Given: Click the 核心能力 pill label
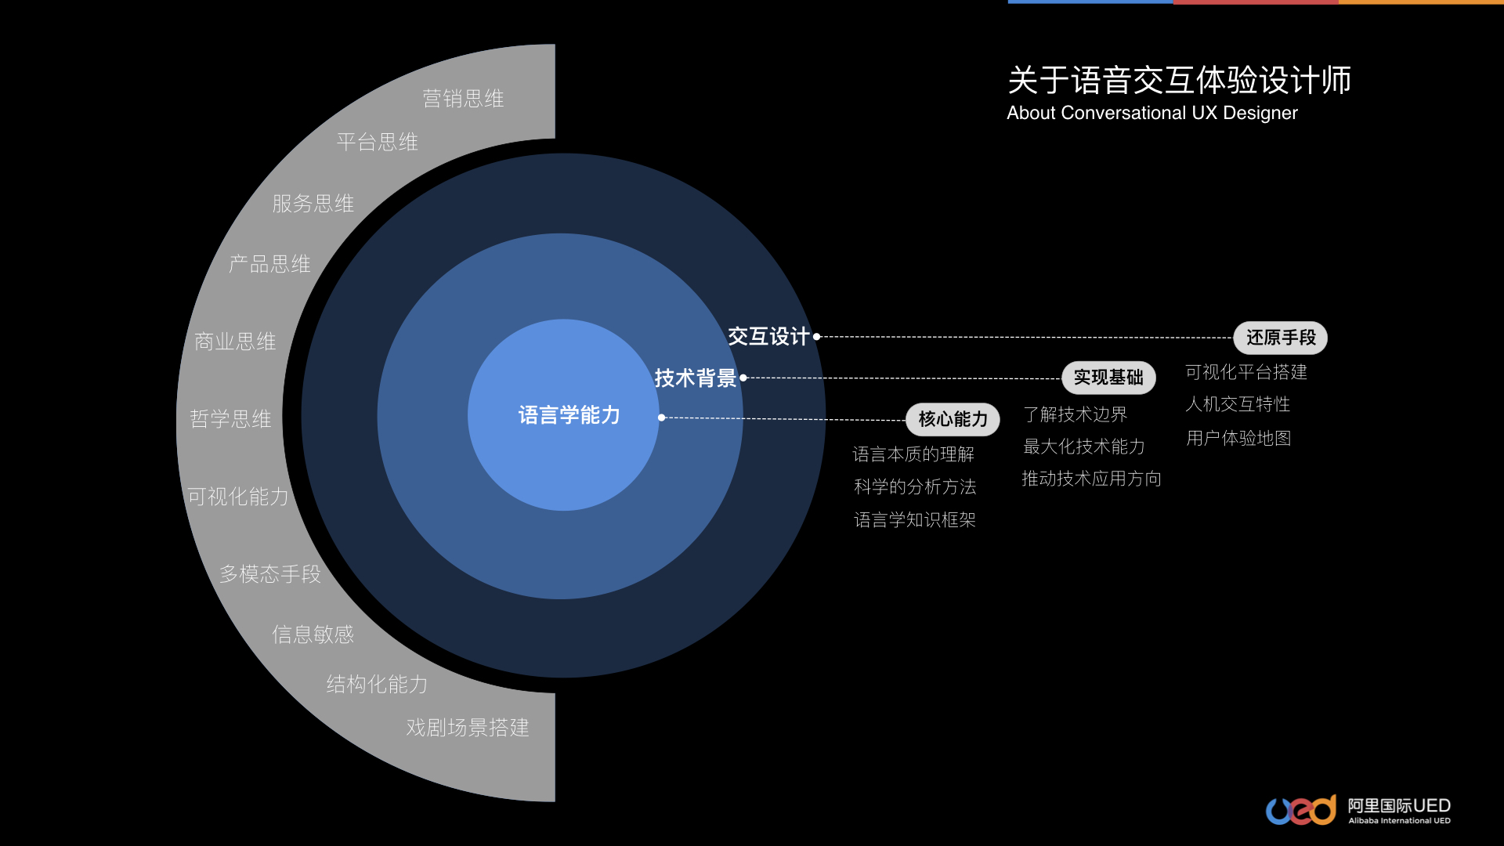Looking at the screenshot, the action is click(x=953, y=419).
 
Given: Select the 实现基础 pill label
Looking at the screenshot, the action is click(x=1108, y=378).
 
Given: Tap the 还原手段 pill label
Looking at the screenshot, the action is click(x=1281, y=338).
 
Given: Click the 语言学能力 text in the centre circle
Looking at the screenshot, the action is click(x=569, y=415).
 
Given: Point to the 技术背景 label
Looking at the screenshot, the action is click(x=695, y=378).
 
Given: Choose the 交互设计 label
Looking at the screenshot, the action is click(x=768, y=337).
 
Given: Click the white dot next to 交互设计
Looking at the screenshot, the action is click(x=816, y=337).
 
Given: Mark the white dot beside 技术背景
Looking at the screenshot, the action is click(x=743, y=378).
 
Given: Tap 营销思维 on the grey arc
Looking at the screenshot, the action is click(x=463, y=99).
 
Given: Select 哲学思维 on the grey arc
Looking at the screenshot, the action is click(x=230, y=419).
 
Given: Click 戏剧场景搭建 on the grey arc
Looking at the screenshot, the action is click(x=468, y=728).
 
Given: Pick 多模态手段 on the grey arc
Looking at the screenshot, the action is click(x=270, y=574).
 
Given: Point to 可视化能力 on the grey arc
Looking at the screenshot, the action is click(x=238, y=497).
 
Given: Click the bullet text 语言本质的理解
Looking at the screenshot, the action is click(x=913, y=454).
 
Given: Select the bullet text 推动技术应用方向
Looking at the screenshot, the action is click(x=1091, y=479).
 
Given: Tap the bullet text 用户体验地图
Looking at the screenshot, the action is click(x=1238, y=438).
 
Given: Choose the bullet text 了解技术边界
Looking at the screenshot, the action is click(x=1075, y=414).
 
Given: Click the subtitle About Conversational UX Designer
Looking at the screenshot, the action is click(x=1151, y=113).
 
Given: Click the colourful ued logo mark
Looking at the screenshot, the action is click(x=1301, y=810).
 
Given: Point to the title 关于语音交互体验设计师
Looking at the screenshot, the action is click(x=1179, y=80).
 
